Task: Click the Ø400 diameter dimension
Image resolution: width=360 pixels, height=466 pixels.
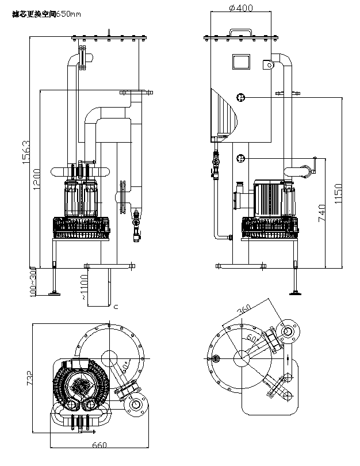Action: click(x=240, y=7)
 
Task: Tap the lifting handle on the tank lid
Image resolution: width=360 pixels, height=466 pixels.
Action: click(x=240, y=33)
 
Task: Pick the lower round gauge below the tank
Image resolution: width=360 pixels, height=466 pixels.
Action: click(x=241, y=159)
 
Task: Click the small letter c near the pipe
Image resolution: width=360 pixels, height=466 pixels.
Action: click(x=116, y=307)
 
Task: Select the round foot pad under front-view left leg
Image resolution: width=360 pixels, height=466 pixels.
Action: click(x=55, y=293)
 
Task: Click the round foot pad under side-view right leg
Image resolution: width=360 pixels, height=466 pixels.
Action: click(x=297, y=293)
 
